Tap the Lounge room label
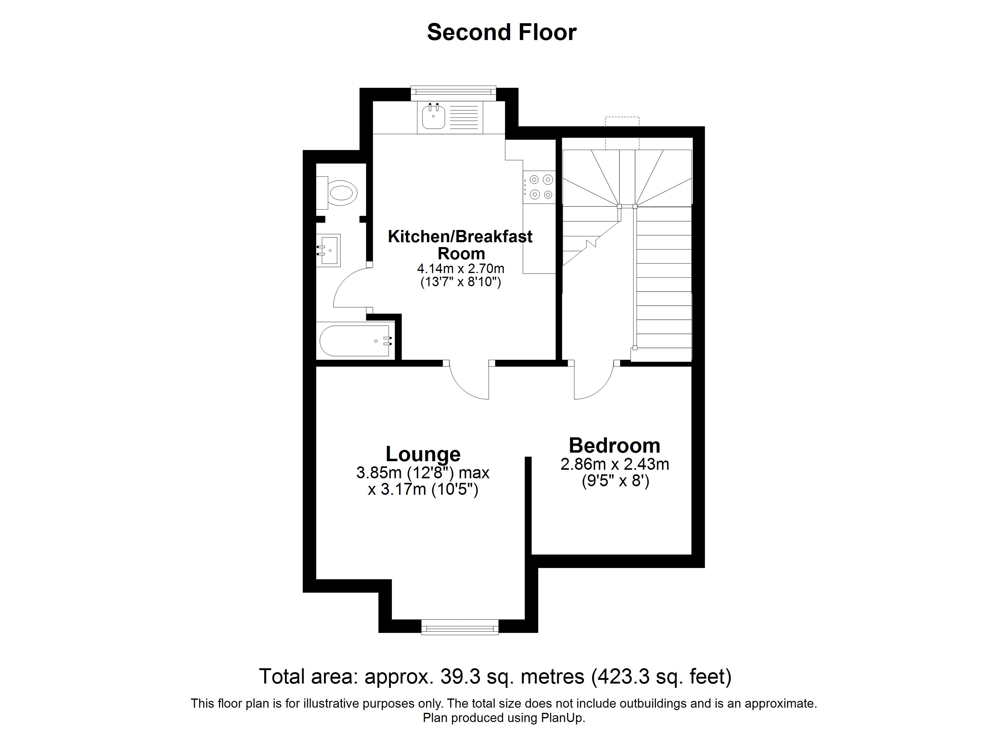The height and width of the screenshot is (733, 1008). coord(423,454)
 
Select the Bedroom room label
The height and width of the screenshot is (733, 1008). coord(614,445)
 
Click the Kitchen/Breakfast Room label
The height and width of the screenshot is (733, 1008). coord(460,244)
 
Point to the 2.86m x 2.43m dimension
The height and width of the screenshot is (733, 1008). coord(614,464)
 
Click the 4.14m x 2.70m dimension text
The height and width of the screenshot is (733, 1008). coord(460,268)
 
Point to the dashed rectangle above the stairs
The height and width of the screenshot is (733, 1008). coord(622,133)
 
